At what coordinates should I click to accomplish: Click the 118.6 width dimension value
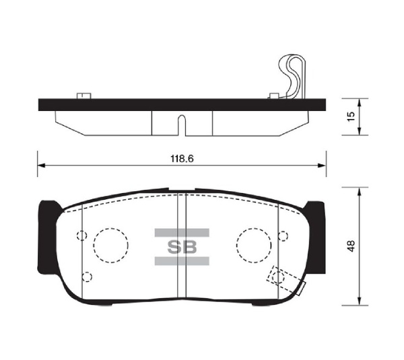tap(178, 159)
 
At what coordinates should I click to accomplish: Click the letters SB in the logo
tap(180, 246)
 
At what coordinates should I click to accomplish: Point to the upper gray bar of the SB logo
tap(180, 233)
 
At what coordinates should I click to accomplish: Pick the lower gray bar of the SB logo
tap(180, 260)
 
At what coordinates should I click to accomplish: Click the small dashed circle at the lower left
tap(86, 275)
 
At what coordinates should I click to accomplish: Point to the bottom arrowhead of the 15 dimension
tap(360, 131)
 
